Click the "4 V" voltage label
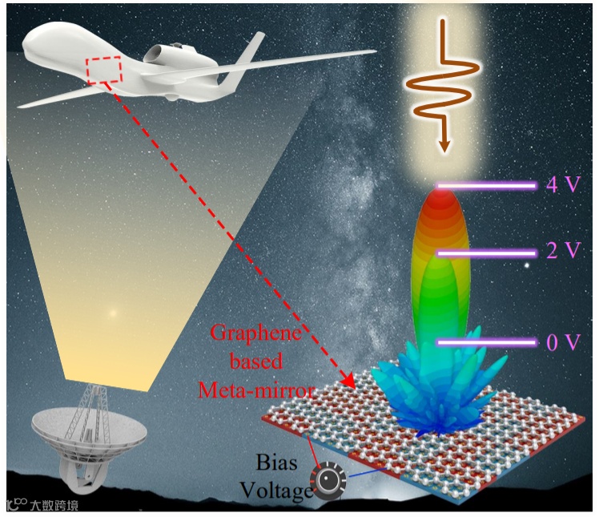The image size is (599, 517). (x=562, y=186)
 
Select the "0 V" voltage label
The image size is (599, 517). (x=562, y=342)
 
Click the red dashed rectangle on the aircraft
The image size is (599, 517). (x=104, y=71)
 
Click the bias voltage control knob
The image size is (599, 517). (x=328, y=483)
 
